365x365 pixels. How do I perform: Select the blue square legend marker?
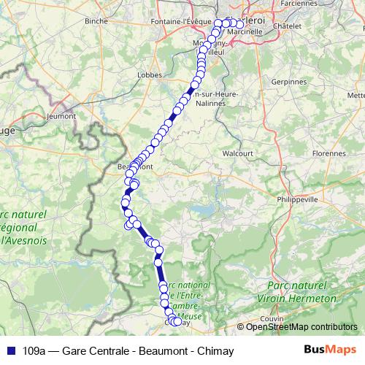tap(10, 350)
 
